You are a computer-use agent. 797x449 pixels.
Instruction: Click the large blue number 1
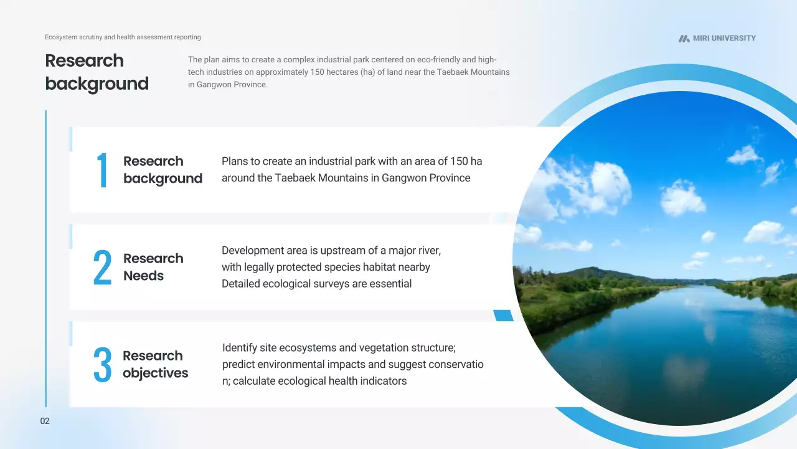coord(103,170)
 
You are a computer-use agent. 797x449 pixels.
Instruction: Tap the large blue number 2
coord(103,267)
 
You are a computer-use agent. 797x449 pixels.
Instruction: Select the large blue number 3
coord(103,365)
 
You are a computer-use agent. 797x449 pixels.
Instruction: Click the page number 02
coord(45,421)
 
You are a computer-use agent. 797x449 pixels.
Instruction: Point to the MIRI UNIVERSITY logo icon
coord(684,39)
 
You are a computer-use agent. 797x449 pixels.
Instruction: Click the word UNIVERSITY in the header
coord(733,38)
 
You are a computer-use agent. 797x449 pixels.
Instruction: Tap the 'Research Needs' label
coord(153,267)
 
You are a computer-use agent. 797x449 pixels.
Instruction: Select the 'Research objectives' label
coord(156,365)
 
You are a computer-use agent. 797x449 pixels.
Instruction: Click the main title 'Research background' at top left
coord(97,72)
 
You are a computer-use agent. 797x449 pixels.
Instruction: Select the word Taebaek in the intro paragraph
coord(452,72)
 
